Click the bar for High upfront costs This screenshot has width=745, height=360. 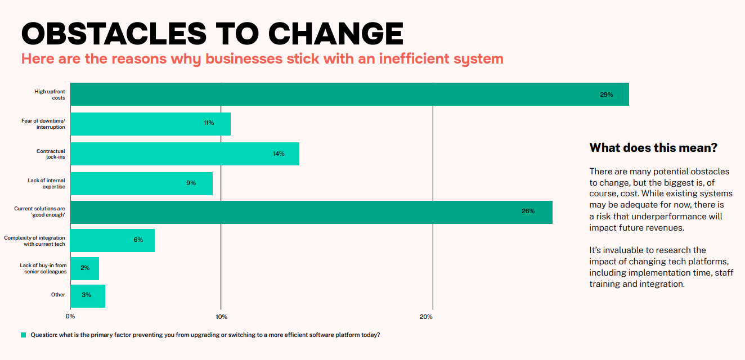click(x=349, y=94)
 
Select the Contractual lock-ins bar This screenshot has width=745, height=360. click(x=185, y=154)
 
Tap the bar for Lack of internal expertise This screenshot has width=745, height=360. click(x=141, y=183)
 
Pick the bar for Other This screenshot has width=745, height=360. click(x=88, y=295)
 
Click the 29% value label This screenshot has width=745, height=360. click(x=606, y=94)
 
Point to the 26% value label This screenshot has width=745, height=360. click(x=528, y=211)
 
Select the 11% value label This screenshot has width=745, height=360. click(x=209, y=123)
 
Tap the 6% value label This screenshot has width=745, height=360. click(x=138, y=240)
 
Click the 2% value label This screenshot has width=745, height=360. click(x=85, y=268)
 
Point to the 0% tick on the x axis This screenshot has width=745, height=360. click(x=70, y=317)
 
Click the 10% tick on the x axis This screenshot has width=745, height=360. click(x=221, y=317)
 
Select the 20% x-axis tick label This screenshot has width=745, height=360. click(x=426, y=317)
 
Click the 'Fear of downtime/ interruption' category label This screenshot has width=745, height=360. click(x=43, y=124)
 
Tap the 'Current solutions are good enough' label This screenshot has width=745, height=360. click(x=39, y=212)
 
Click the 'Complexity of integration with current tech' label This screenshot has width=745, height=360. click(x=35, y=241)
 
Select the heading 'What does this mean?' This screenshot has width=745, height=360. click(x=653, y=148)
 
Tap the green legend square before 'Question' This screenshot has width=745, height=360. click(x=24, y=335)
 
